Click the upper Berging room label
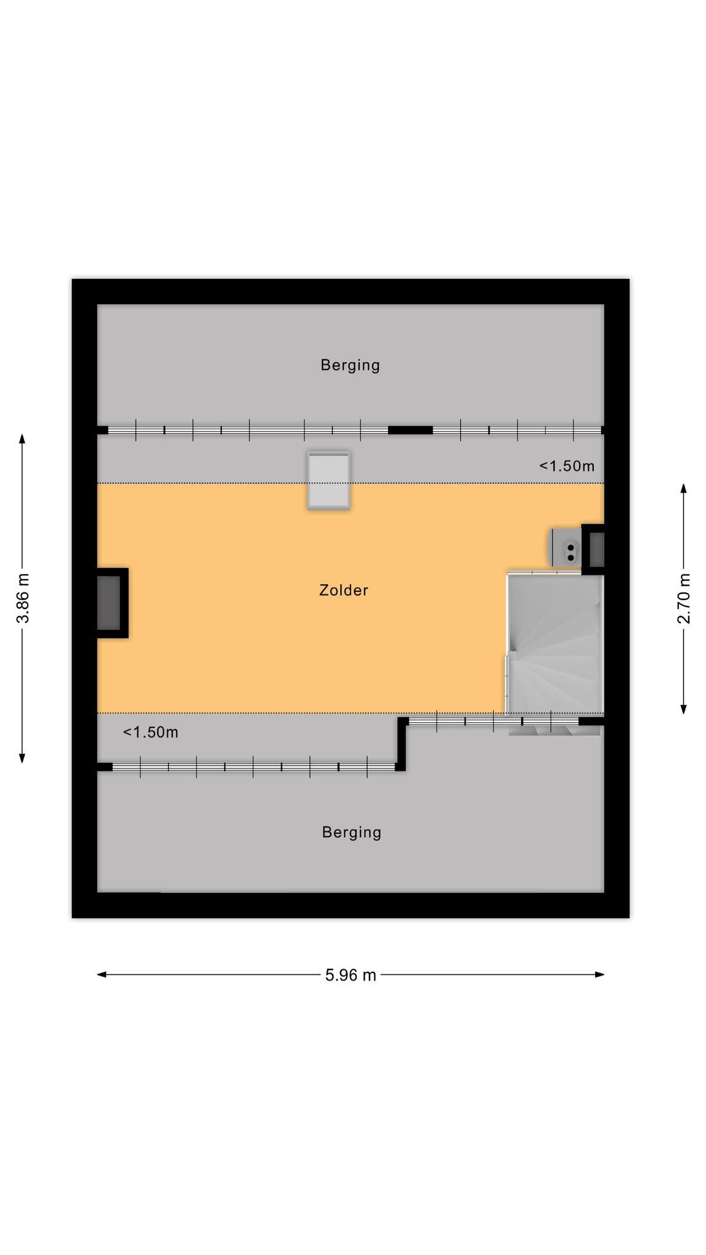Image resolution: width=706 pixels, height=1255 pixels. [x=350, y=365]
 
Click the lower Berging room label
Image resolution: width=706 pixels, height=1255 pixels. [x=352, y=832]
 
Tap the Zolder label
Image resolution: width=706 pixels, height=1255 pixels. [x=344, y=590]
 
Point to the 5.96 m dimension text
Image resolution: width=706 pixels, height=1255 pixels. [x=351, y=975]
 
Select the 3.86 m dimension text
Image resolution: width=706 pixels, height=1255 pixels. [x=23, y=598]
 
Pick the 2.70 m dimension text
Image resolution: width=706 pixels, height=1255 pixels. [x=684, y=598]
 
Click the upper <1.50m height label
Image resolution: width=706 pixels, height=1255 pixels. [x=567, y=466]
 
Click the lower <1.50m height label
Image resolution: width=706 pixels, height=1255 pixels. [x=151, y=732]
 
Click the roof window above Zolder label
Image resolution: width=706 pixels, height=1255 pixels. [x=329, y=480]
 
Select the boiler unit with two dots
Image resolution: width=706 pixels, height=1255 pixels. [x=564, y=548]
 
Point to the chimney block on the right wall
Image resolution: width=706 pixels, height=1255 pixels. [x=593, y=550]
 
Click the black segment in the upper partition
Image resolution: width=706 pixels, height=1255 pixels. [x=411, y=430]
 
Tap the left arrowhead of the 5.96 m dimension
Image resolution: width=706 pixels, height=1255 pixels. [x=102, y=974]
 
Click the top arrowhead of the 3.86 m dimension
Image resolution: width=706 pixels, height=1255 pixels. [x=22, y=439]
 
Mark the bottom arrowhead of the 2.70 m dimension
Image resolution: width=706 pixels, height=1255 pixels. [x=684, y=710]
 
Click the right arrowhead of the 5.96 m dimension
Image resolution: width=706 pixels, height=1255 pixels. [x=599, y=974]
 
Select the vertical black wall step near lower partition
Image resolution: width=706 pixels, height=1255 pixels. [x=401, y=743]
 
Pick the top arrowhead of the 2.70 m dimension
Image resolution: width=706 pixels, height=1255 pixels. [x=684, y=488]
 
